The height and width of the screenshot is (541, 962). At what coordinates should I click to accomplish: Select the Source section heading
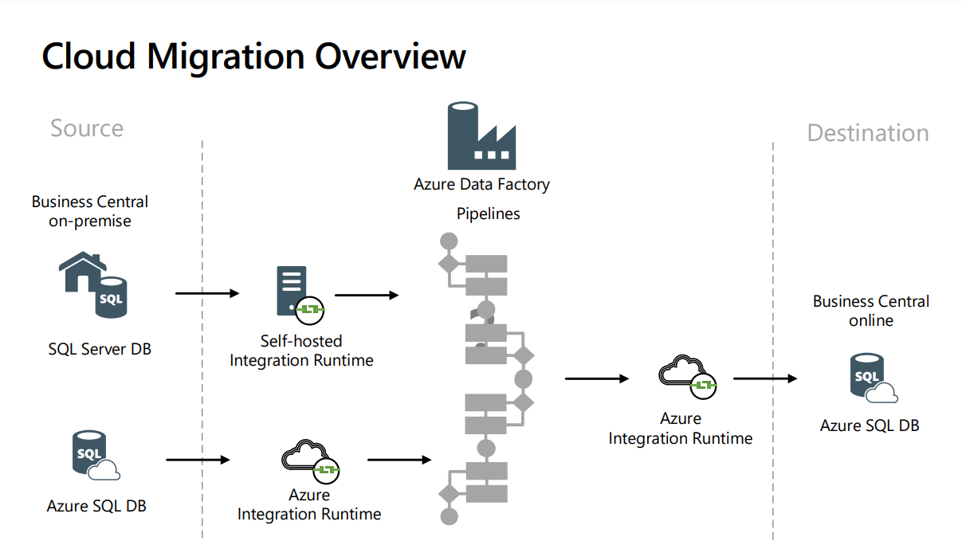click(x=87, y=128)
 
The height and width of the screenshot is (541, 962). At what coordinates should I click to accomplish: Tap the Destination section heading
click(x=868, y=133)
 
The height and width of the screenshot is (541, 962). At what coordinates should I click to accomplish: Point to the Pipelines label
click(x=488, y=214)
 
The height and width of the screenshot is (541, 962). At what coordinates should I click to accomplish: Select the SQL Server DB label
click(x=100, y=349)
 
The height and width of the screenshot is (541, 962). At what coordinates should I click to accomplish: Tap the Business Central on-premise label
click(x=90, y=211)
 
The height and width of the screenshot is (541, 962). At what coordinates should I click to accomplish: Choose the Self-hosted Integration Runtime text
click(x=301, y=351)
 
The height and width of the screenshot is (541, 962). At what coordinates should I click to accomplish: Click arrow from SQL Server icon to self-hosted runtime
click(x=206, y=294)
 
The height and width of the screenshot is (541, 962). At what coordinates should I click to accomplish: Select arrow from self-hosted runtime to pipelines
click(x=366, y=295)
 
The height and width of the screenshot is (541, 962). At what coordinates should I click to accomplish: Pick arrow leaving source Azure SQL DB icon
click(x=197, y=460)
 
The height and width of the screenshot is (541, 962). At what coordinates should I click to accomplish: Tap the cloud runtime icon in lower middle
click(x=310, y=460)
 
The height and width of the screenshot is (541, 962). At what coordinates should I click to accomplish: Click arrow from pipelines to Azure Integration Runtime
click(x=596, y=378)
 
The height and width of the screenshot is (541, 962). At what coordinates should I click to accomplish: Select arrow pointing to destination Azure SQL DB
click(x=764, y=378)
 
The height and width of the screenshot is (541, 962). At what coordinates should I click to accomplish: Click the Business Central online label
click(x=870, y=311)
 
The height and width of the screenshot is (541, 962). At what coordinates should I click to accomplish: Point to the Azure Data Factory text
click(x=481, y=184)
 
